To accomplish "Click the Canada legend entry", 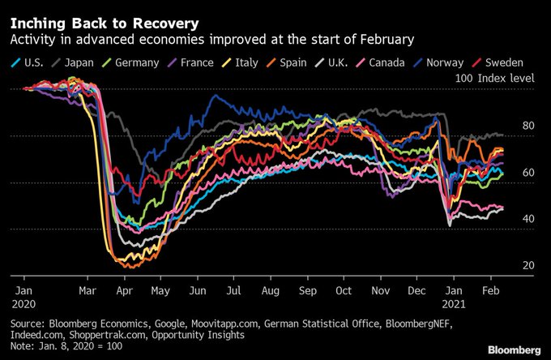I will [x=393, y=61].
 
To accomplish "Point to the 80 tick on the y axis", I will [x=528, y=126].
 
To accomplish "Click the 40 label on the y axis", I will [x=528, y=219].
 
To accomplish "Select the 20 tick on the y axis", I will [x=528, y=265].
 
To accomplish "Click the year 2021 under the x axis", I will [x=455, y=303].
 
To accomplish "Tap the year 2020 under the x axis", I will [x=23, y=303].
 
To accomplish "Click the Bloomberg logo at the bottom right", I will [x=514, y=349].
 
